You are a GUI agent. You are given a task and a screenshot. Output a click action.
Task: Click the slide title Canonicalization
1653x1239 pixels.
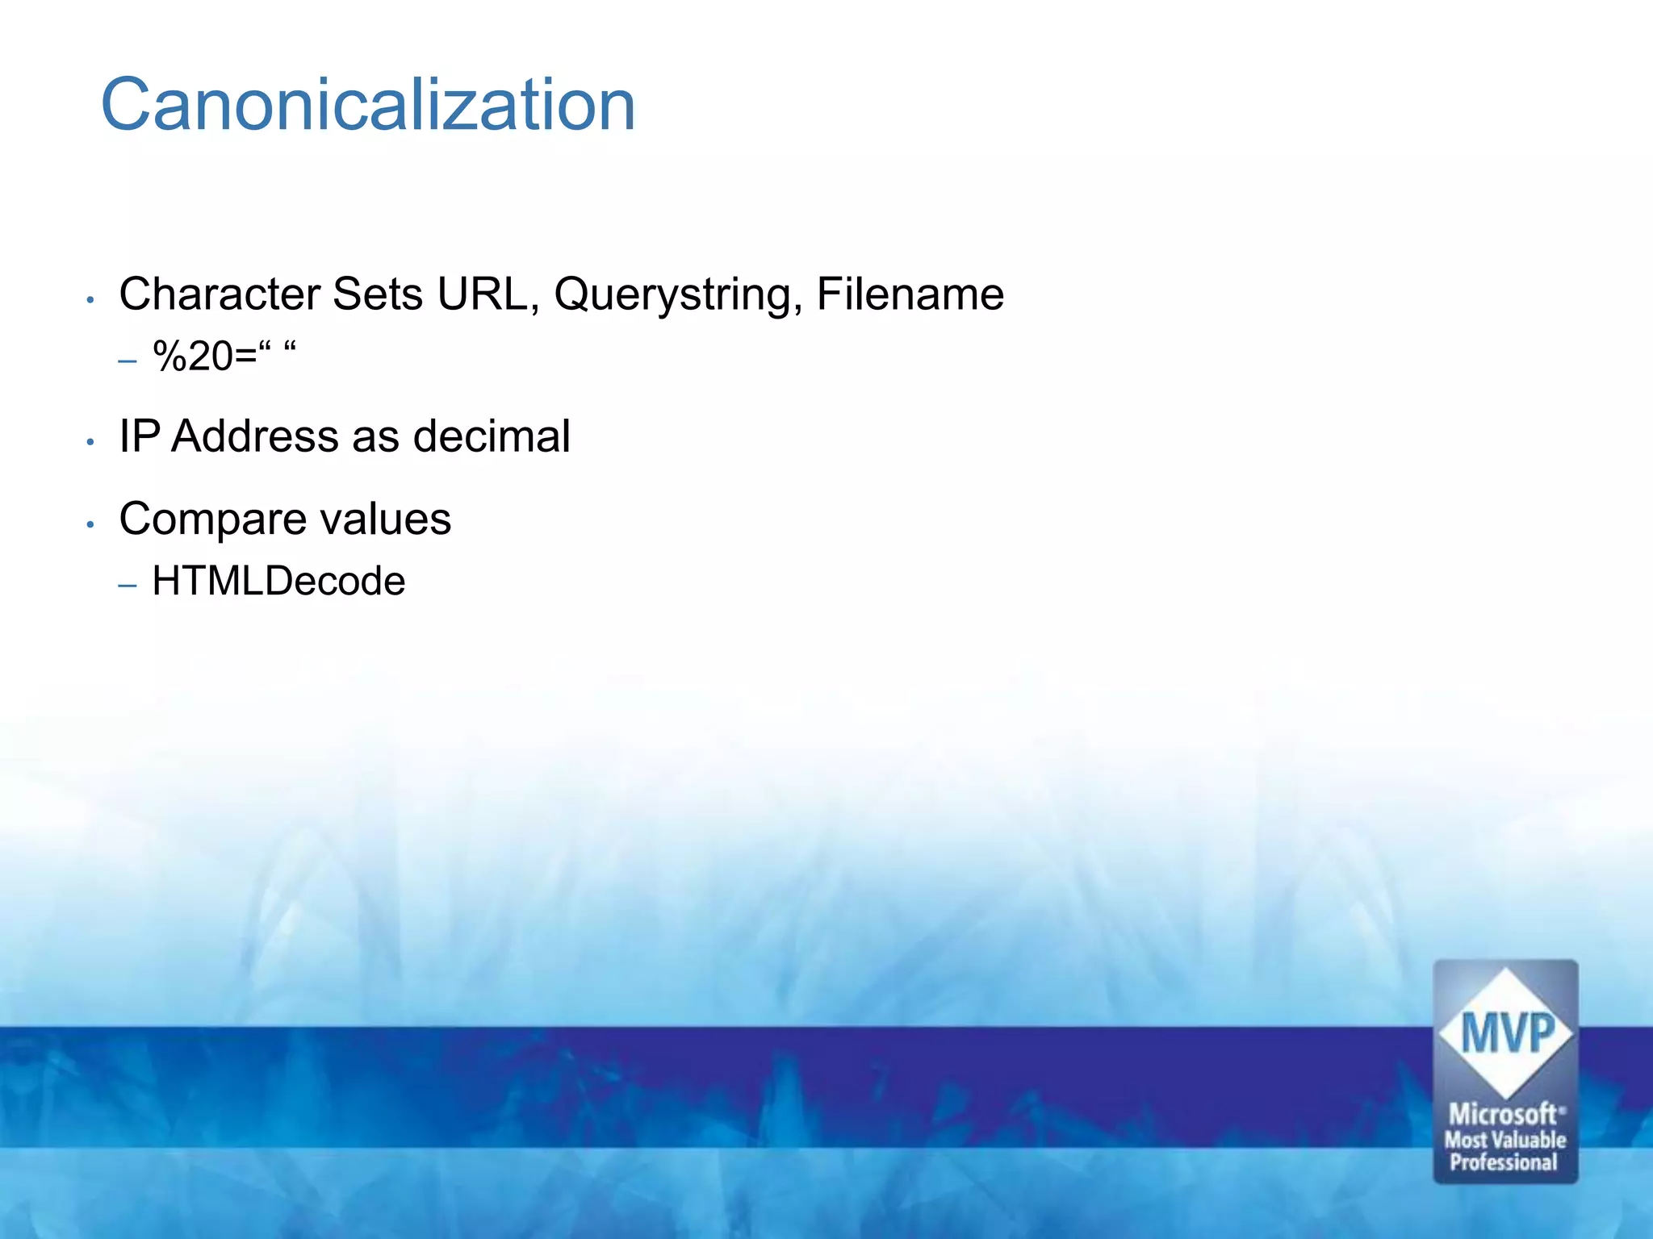click(368, 106)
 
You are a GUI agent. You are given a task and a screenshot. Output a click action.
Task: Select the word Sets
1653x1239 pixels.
click(377, 294)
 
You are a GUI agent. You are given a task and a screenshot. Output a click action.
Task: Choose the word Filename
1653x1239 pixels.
click(910, 294)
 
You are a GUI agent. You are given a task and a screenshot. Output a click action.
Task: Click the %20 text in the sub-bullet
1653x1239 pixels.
click(194, 356)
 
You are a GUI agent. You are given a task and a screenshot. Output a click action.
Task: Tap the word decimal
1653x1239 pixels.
click(492, 436)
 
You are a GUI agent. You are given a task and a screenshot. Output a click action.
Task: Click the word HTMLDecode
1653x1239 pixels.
click(278, 581)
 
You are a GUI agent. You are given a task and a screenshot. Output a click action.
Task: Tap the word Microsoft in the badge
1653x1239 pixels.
click(1503, 1114)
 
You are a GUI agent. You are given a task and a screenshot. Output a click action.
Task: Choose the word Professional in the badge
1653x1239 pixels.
click(1504, 1162)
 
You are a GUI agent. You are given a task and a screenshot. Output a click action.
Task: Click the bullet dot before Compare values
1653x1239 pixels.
click(91, 524)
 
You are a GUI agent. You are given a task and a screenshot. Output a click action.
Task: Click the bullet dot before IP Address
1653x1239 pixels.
click(91, 442)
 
